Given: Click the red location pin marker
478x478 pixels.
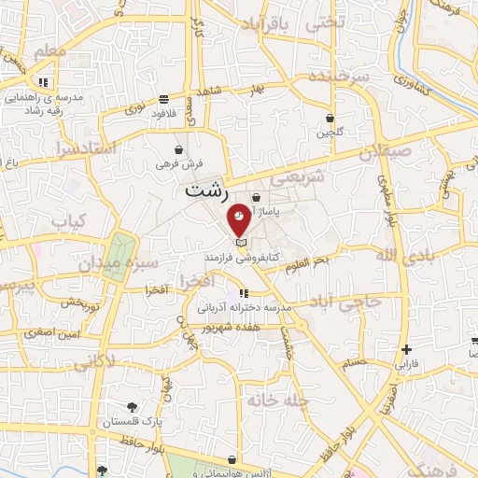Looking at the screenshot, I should pyautogui.click(x=239, y=218).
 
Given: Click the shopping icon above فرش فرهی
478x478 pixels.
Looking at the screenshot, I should pyautogui.click(x=178, y=148).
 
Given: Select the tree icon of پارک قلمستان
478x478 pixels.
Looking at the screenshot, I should pyautogui.click(x=134, y=407).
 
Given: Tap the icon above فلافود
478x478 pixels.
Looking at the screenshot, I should pyautogui.click(x=164, y=99).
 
